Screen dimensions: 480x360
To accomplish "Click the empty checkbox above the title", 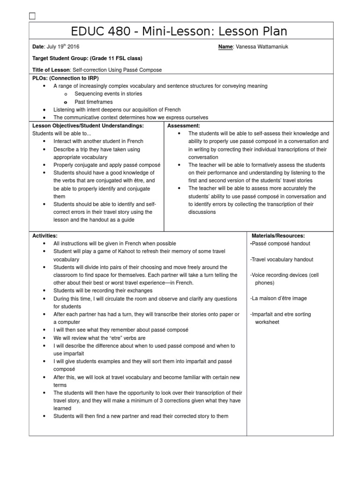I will (32, 17).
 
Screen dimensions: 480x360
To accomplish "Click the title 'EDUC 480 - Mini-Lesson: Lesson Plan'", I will (179, 31).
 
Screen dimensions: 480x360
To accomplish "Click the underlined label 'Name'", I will (225, 47).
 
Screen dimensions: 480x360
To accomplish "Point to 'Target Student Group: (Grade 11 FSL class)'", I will (87, 58).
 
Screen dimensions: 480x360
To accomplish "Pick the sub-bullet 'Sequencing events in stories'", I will (109, 94).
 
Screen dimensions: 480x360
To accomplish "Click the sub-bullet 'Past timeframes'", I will (94, 102).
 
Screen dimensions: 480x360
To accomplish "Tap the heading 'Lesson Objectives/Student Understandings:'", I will (88, 126).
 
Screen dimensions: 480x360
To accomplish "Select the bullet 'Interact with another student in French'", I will (98, 141).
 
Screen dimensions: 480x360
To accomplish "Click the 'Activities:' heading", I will (45, 236).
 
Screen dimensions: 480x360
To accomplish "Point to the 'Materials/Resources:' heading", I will (278, 236).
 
